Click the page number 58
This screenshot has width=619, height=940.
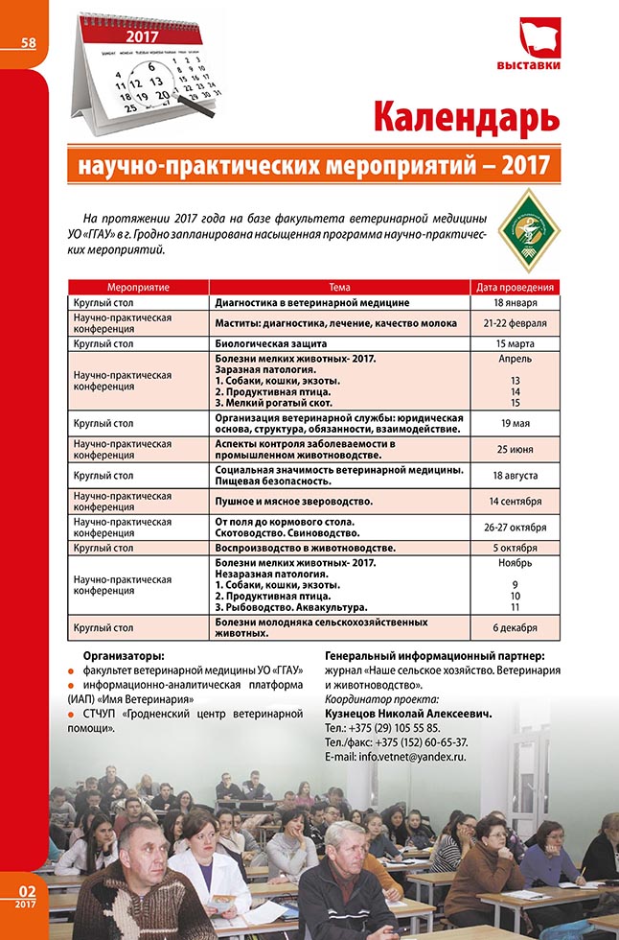coord(27,42)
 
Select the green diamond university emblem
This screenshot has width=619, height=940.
coord(529,229)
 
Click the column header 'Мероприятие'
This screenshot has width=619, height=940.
coord(139,287)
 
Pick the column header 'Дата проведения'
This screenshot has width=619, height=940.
coord(516,287)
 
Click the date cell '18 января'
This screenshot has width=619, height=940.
coord(516,302)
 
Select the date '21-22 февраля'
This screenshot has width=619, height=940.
coord(516,322)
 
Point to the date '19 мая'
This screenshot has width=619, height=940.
coord(516,423)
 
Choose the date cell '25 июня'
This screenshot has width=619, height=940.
coord(516,450)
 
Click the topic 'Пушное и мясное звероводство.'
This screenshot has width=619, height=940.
coord(293,501)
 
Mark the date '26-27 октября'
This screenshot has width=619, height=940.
coord(516,527)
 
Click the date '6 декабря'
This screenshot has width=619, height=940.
coord(516,628)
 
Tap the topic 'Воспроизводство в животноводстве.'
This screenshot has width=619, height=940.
coord(305,548)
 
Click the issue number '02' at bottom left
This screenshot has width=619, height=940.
coord(27,890)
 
